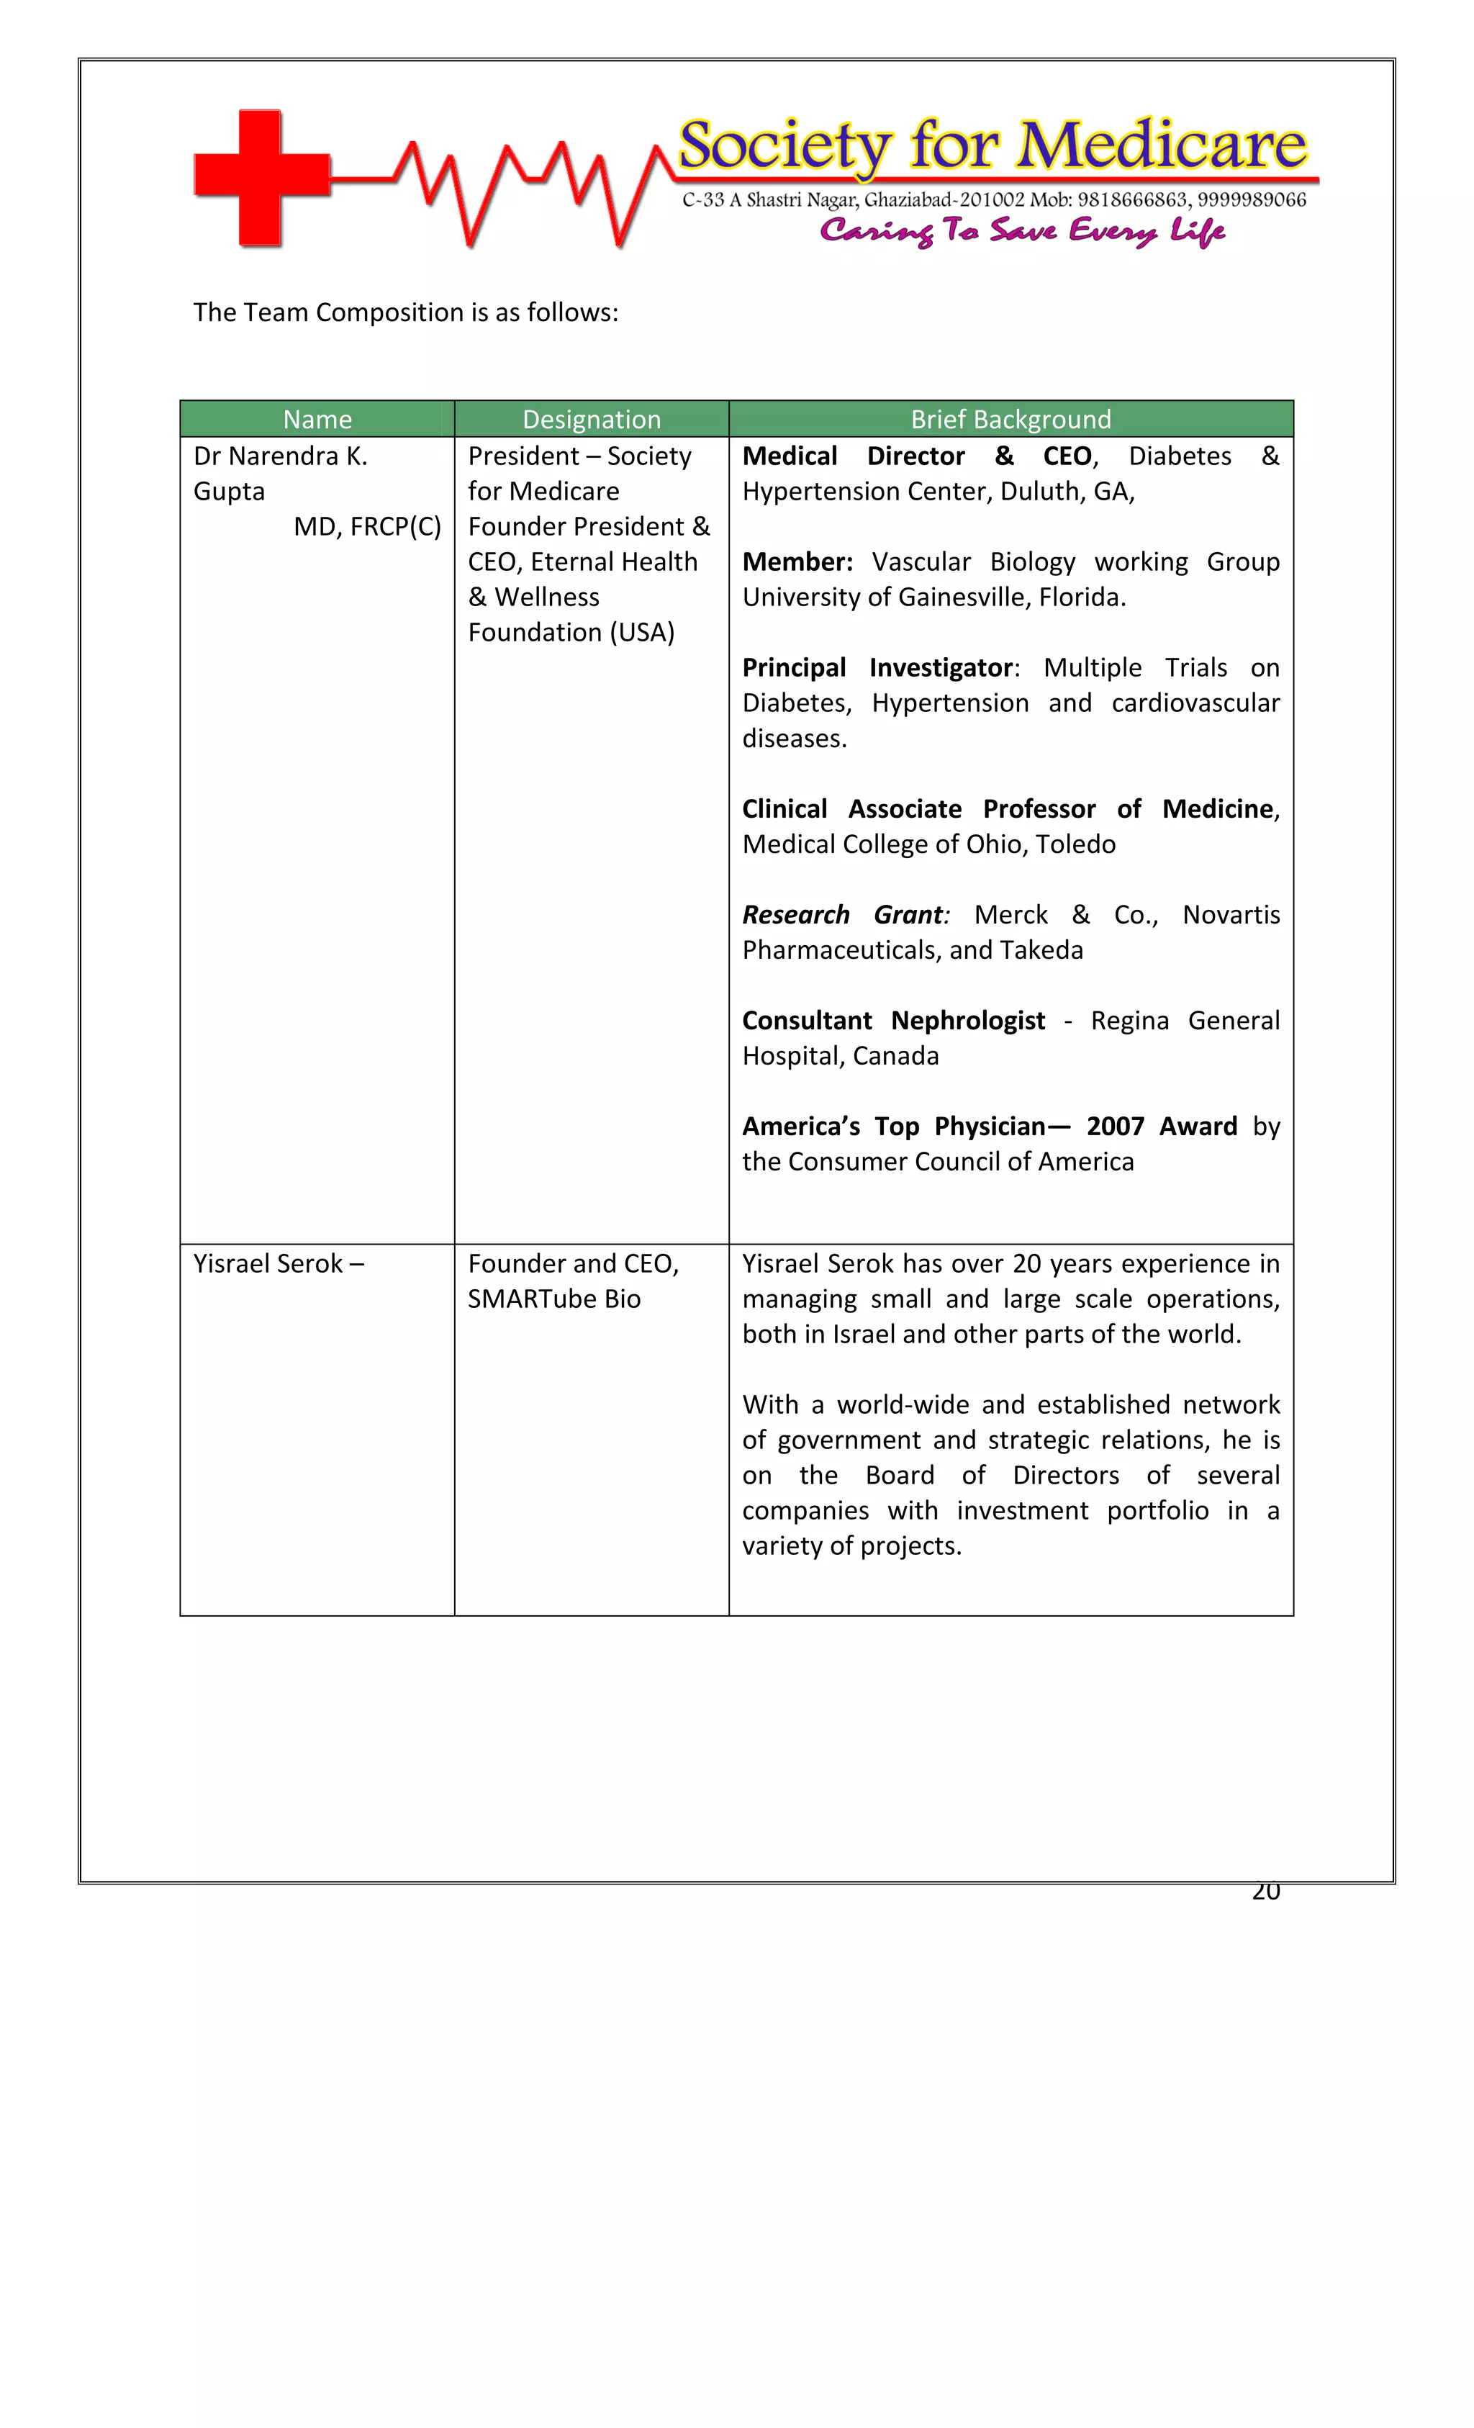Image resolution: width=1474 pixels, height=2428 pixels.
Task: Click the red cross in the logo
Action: pyautogui.click(x=261, y=177)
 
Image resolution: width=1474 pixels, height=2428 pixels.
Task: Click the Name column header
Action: pyautogui.click(x=317, y=420)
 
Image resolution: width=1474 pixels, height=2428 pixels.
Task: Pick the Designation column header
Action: pyautogui.click(x=591, y=420)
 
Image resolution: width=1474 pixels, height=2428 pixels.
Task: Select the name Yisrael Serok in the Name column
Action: pyautogui.click(x=268, y=1264)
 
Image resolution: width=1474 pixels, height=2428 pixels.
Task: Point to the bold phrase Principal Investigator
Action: pyautogui.click(x=877, y=668)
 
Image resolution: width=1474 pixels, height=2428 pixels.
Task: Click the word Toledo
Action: pyautogui.click(x=1075, y=844)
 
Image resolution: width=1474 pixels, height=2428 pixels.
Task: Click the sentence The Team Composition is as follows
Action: pyautogui.click(x=405, y=313)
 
